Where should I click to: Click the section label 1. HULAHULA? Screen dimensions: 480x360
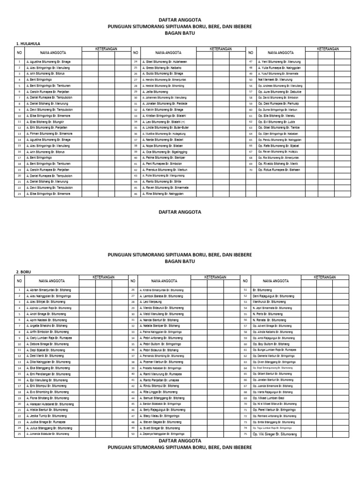[28, 44]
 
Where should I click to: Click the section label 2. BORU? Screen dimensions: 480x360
[23, 271]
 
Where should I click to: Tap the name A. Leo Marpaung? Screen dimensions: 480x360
[153, 302]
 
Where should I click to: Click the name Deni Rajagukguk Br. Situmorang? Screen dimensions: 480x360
[275, 296]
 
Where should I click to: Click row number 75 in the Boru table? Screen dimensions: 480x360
[246, 434]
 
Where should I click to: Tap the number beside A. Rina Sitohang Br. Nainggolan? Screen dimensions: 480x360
[135, 194]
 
